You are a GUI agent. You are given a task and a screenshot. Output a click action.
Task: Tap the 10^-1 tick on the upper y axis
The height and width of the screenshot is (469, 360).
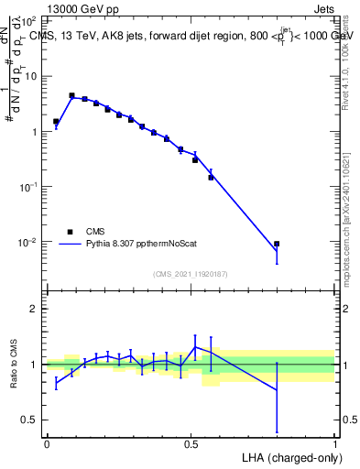click(27, 186)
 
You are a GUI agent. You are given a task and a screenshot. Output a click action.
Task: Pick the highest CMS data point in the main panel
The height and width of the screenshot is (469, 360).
click(71, 95)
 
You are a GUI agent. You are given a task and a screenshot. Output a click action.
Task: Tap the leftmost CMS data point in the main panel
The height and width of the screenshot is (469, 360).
click(56, 121)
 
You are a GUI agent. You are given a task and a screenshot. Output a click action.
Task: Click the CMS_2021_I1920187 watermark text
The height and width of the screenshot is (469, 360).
click(190, 274)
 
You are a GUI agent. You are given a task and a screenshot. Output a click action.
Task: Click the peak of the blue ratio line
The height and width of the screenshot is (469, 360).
click(195, 346)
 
